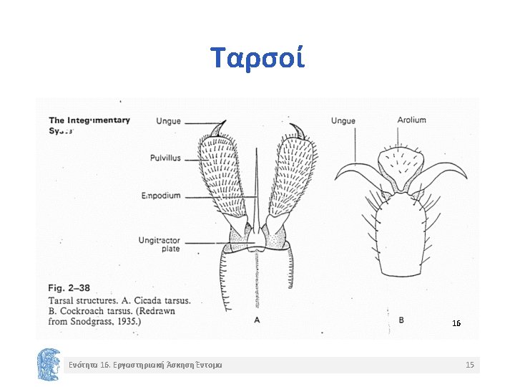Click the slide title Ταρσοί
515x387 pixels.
click(257, 57)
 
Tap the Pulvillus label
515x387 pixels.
click(165, 158)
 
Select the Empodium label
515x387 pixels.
click(161, 196)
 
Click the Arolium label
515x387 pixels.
click(411, 120)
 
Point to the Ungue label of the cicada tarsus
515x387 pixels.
click(169, 121)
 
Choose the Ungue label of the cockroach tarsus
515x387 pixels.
click(343, 121)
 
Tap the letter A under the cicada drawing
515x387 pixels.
click(256, 320)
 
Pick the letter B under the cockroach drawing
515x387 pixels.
click(401, 320)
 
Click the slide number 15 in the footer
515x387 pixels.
click(469, 365)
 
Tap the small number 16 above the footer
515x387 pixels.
click(456, 324)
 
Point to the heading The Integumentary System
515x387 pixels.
click(89, 125)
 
